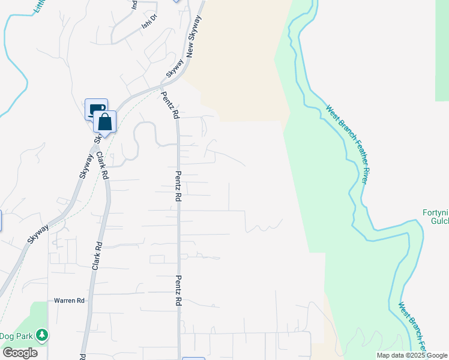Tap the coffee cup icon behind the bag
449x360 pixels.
tap(95, 109)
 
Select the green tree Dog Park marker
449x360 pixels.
tap(41, 334)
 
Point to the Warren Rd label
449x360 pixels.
tap(68, 300)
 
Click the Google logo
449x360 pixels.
tap(20, 352)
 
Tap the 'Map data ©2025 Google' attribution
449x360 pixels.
tap(411, 355)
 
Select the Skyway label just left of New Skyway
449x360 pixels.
tap(173, 67)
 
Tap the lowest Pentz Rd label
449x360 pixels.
tap(178, 292)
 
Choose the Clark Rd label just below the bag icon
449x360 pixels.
tap(101, 166)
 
